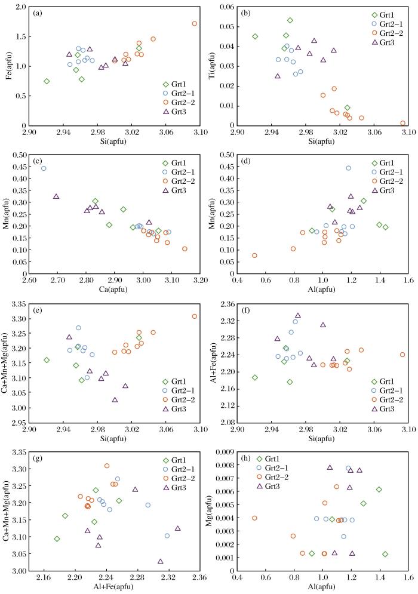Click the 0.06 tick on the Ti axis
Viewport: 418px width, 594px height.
(x=229, y=7)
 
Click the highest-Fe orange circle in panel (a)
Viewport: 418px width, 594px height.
(x=195, y=23)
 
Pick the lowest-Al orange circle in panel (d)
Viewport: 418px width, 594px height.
(x=254, y=256)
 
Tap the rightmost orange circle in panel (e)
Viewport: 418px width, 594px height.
(x=195, y=316)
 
